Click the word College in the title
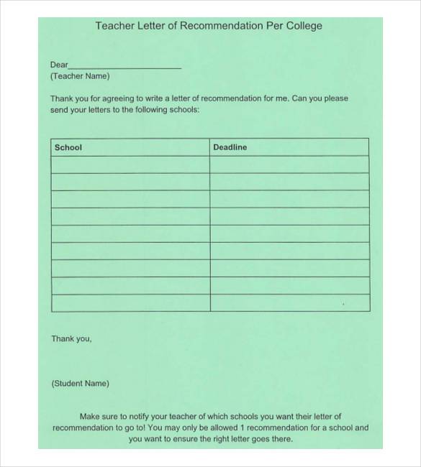pyautogui.click(x=303, y=26)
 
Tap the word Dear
pyautogui.click(x=59, y=65)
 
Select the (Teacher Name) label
pyautogui.click(x=80, y=75)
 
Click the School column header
pyautogui.click(x=68, y=147)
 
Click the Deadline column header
pyautogui.click(x=230, y=147)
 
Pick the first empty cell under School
pyautogui.click(x=130, y=165)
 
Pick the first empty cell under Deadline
pyautogui.click(x=289, y=165)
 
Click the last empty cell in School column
pyautogui.click(x=130, y=302)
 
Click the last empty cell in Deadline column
pyautogui.click(x=289, y=302)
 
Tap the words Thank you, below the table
pyautogui.click(x=71, y=338)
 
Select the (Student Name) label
pyautogui.click(x=80, y=384)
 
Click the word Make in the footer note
pyautogui.click(x=89, y=416)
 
